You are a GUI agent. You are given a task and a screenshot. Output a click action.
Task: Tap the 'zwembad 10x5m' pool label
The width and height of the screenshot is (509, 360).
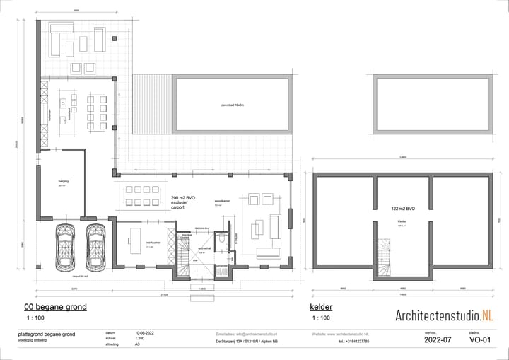[x=232, y=105]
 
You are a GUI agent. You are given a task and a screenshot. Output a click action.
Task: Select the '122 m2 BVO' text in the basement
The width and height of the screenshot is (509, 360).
[x=403, y=209]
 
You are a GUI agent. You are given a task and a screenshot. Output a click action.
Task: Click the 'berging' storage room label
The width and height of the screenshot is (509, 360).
[x=62, y=182]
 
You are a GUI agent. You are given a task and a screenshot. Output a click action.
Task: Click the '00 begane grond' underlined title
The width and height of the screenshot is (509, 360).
[x=55, y=308]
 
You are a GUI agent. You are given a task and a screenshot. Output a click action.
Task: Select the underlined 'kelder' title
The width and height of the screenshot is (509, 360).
[x=321, y=308]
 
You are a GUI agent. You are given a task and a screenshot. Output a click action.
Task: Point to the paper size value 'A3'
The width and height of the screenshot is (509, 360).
[x=137, y=344]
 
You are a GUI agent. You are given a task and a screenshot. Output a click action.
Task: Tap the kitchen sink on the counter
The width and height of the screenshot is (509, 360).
[x=62, y=103]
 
